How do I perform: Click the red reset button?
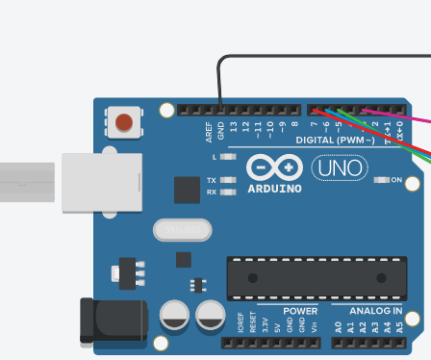(124, 122)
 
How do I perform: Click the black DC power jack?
(113, 321)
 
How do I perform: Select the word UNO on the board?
(339, 168)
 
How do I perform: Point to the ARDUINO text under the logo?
(274, 188)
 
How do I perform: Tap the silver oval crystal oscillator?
(182, 230)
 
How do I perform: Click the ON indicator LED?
(381, 179)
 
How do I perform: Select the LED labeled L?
(228, 156)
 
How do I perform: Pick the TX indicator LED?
(228, 180)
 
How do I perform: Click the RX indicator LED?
(228, 192)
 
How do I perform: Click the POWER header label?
(300, 311)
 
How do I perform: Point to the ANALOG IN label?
(375, 311)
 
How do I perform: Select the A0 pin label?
(338, 328)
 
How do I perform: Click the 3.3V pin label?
(265, 326)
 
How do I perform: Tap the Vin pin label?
(315, 327)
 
